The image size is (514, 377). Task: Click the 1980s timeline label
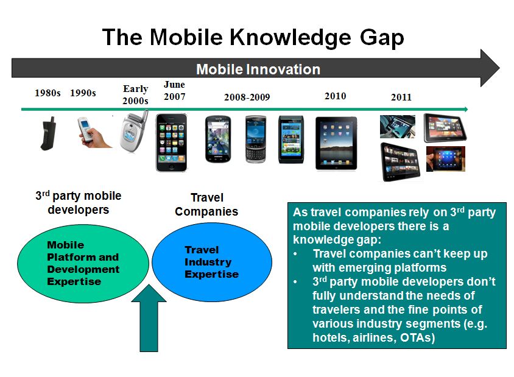pyautogui.click(x=48, y=93)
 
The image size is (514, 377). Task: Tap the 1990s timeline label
pyautogui.click(x=83, y=93)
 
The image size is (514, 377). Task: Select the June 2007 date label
pyautogui.click(x=174, y=91)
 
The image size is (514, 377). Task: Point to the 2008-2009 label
pyautogui.click(x=247, y=97)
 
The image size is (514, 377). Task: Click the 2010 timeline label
pyautogui.click(x=336, y=96)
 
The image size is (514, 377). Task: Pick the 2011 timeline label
pyautogui.click(x=401, y=97)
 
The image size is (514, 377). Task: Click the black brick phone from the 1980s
pyautogui.click(x=49, y=133)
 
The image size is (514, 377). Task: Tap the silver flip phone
pyautogui.click(x=133, y=132)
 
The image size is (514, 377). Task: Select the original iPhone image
pyautogui.click(x=172, y=143)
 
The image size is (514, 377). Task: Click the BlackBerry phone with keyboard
pyautogui.click(x=256, y=139)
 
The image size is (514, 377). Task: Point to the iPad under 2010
pyautogui.click(x=336, y=143)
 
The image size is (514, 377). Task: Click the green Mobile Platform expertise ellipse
pyautogui.click(x=83, y=263)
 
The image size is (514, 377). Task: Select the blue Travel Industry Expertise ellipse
pyautogui.click(x=212, y=262)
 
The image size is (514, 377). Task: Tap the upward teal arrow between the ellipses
pyautogui.click(x=149, y=318)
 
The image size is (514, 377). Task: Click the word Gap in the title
pyautogui.click(x=382, y=38)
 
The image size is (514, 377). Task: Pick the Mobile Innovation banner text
pyautogui.click(x=258, y=69)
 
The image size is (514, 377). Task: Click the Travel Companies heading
pyautogui.click(x=206, y=205)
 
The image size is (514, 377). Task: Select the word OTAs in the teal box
pyautogui.click(x=417, y=337)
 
